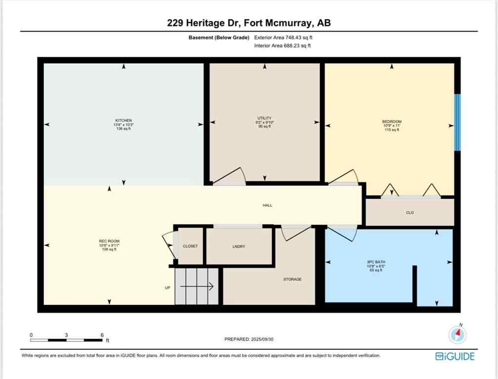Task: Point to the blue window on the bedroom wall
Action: [457, 122]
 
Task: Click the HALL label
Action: [267, 205]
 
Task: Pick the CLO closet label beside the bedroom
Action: [409, 213]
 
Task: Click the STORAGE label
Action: [292, 279]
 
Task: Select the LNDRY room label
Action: [239, 247]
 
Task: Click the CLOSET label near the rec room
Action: [190, 246]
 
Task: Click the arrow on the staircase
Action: [203, 286]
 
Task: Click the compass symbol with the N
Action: [457, 334]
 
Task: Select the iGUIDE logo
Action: [454, 356]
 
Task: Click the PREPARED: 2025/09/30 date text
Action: [248, 340]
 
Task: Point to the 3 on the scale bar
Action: [66, 335]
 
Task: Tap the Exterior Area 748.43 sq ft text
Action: [283, 38]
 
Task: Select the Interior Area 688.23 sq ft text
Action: [282, 46]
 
